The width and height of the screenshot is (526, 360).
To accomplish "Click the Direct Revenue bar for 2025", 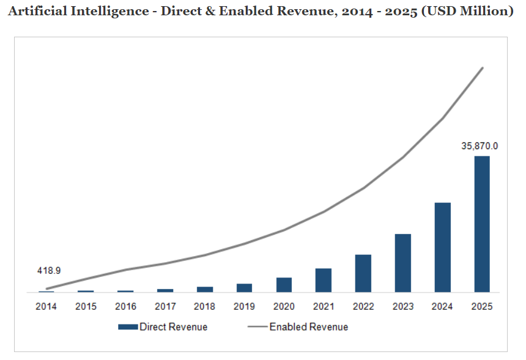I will coord(482,224).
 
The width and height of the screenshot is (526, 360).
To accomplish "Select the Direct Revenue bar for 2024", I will coord(442,247).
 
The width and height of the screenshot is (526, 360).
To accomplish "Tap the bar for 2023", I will coord(402,263).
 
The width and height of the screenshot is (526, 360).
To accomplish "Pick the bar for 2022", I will coord(363,273).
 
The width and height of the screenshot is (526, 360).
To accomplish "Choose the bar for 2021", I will coord(324,280).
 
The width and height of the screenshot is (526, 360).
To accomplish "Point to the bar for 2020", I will coord(284,285).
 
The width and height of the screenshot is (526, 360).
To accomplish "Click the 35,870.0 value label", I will coord(480,146).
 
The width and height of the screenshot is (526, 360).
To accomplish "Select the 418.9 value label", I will coord(49,270).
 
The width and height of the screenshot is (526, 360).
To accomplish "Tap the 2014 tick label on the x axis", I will coord(46,306).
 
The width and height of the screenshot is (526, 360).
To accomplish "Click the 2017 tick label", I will coord(165,306).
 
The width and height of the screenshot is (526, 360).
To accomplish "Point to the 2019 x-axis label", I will coord(244,306).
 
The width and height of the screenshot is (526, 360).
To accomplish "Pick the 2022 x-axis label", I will coord(363,306).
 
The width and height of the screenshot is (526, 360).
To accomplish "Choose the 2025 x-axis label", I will coord(482,306).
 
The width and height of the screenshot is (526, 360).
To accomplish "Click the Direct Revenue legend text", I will coord(173,327).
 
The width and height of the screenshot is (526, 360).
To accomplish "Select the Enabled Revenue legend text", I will coord(308,327).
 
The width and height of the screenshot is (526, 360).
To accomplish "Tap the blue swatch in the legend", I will coord(128,327).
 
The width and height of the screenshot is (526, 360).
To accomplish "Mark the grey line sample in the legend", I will coord(257,327).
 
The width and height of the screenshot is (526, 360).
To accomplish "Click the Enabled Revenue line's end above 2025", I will coord(483,68).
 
